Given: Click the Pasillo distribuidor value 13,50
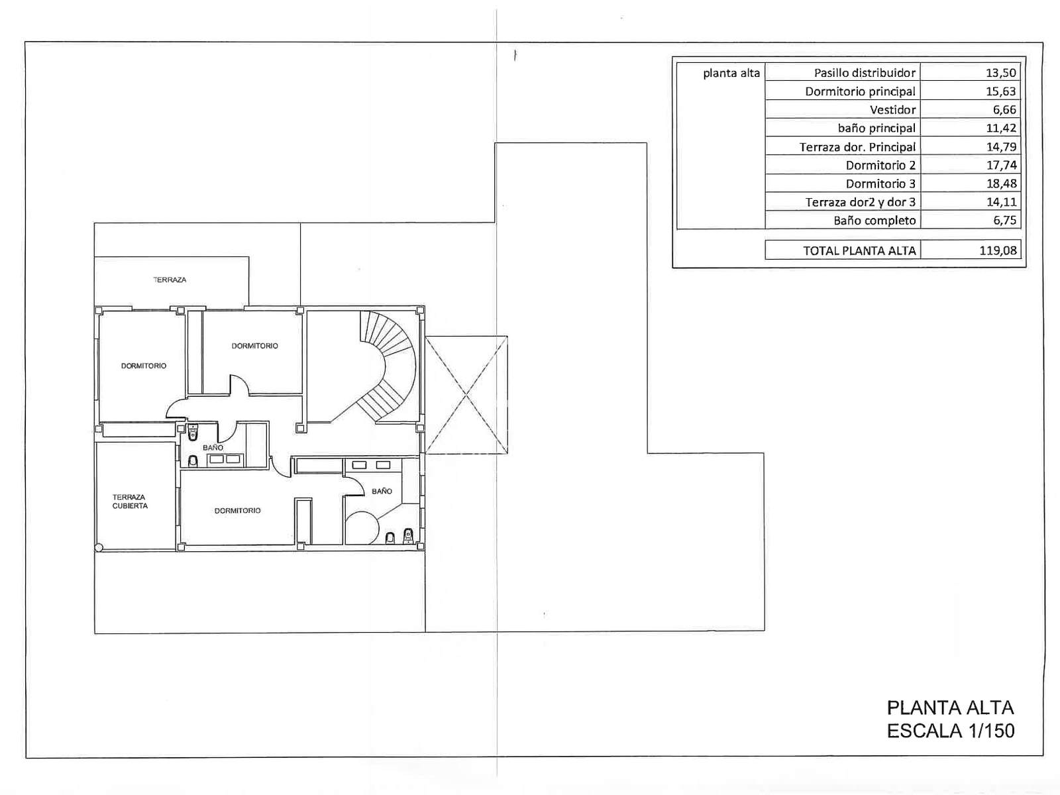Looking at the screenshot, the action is point(1001,73).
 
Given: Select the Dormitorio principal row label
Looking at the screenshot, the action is point(860,91).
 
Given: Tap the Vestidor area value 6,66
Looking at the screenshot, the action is point(1004,109).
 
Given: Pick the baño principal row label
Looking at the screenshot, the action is point(876,128).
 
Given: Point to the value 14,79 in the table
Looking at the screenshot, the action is point(1001,146).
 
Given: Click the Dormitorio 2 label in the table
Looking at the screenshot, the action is point(880,165).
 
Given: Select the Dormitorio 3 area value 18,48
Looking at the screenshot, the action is point(1001,184).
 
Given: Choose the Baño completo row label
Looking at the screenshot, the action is point(874,221).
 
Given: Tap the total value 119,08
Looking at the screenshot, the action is point(998,250).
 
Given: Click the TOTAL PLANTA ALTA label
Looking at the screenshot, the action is point(859,250).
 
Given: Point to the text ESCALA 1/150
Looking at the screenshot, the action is point(951,731).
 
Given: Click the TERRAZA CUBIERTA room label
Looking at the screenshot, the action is point(130,501).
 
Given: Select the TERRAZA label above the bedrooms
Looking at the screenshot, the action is point(170,280).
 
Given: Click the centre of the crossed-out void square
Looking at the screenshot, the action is point(466,395).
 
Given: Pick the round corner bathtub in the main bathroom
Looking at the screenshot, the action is point(362,528).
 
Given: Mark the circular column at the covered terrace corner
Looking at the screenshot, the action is point(99,547).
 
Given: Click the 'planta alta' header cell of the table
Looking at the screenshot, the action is point(731,73).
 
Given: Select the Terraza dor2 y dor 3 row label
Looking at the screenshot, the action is point(860,202).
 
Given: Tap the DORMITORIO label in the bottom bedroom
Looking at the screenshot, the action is point(237,510).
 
